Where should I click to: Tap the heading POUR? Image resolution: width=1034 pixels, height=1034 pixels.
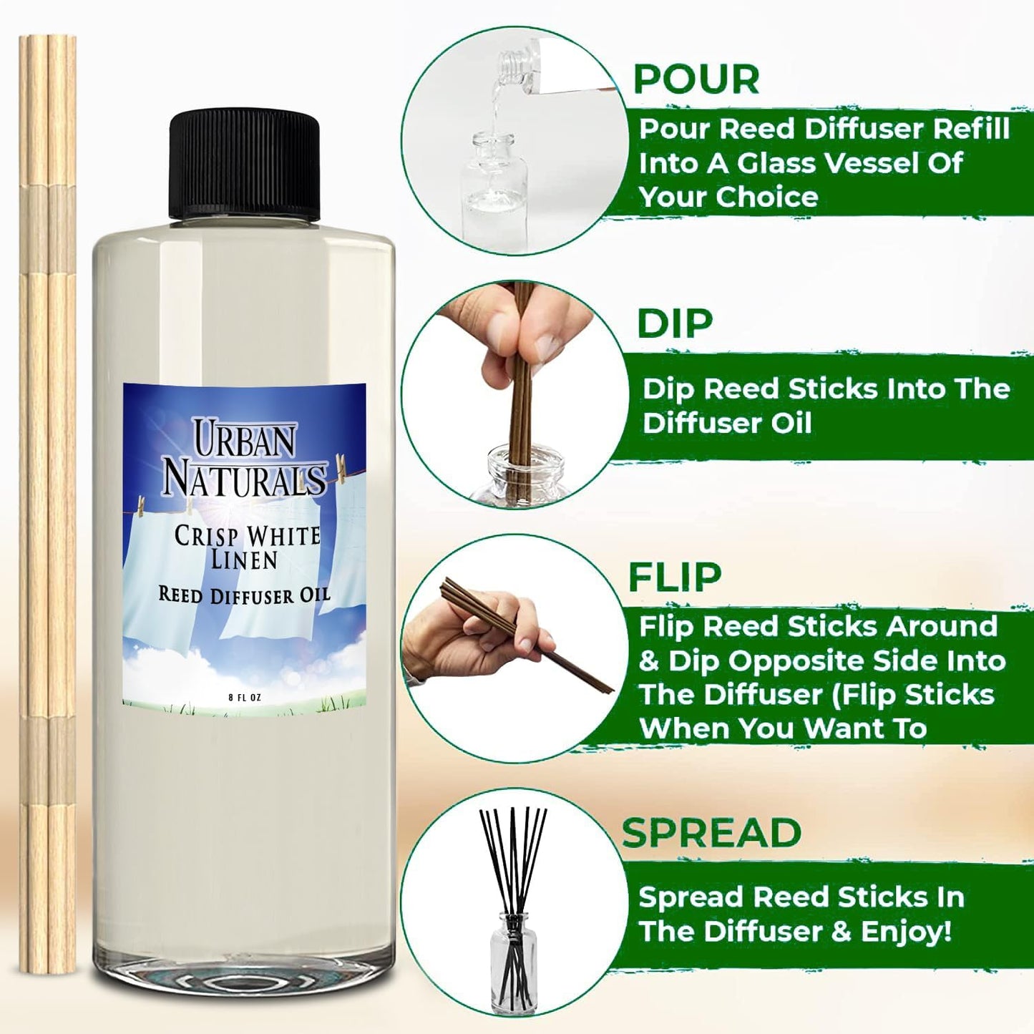(696, 79)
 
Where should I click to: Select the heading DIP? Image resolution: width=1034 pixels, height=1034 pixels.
(675, 324)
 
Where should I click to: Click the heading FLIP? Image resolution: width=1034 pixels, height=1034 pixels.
(675, 577)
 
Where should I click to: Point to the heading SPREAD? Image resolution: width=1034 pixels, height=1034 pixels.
(711, 833)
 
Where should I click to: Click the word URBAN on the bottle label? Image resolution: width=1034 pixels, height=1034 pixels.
(244, 439)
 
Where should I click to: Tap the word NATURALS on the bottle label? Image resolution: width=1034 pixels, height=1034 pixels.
(244, 479)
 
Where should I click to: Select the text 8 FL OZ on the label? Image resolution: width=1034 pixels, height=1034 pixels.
(244, 698)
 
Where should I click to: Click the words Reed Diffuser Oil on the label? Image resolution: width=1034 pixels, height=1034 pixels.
(244, 595)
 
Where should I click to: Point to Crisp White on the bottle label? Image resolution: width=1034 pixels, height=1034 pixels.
(247, 536)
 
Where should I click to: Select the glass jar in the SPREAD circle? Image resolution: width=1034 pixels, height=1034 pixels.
(511, 959)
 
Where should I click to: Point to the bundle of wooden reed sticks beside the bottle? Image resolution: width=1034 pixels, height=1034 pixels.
(48, 501)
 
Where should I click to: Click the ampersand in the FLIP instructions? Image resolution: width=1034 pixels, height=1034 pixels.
(648, 661)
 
